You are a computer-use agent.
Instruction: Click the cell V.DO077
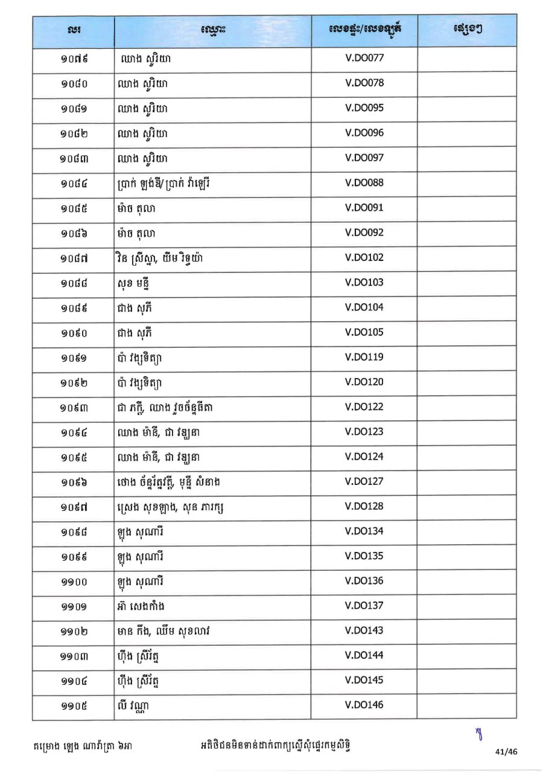(x=364, y=59)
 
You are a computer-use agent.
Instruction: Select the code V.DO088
(x=364, y=183)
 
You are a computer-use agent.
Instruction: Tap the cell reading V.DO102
(x=364, y=258)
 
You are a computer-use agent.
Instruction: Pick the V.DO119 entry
(x=364, y=357)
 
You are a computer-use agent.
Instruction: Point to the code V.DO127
(x=364, y=481)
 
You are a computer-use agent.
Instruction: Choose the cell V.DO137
(x=364, y=606)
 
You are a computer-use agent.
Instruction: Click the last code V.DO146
(x=364, y=705)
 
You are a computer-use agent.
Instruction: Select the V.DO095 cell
(x=364, y=108)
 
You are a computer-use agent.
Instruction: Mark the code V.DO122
(x=364, y=407)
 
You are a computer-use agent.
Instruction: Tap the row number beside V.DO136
(x=74, y=582)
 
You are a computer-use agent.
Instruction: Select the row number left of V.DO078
(x=74, y=84)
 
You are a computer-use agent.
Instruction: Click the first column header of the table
(x=74, y=30)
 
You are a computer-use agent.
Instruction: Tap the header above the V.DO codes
(x=364, y=30)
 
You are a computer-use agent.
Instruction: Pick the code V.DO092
(x=364, y=233)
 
